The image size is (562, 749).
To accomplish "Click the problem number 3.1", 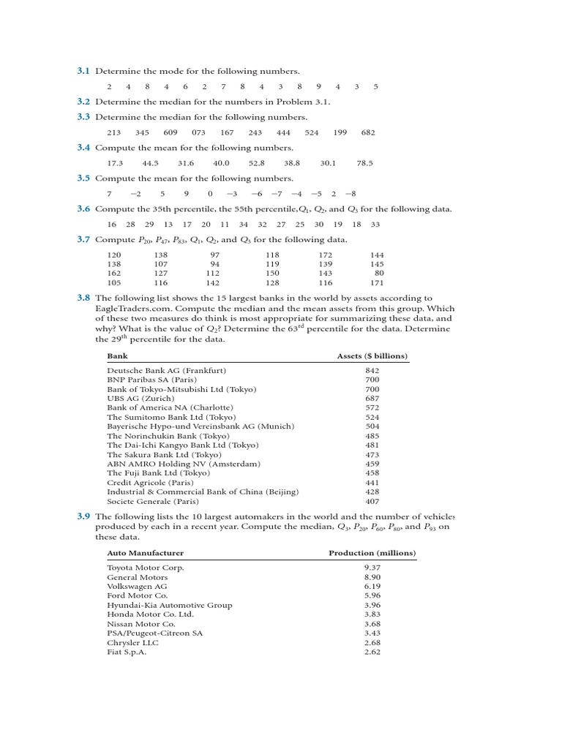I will click(x=83, y=71).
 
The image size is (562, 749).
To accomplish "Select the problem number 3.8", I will click(x=83, y=298).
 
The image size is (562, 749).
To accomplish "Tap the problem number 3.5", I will click(x=83, y=178).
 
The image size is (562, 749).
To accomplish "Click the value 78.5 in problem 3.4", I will click(x=364, y=163).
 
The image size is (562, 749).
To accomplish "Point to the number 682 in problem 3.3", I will click(x=368, y=132).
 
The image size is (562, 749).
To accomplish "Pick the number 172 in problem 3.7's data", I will click(x=325, y=255).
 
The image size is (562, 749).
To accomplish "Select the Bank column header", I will click(x=117, y=355).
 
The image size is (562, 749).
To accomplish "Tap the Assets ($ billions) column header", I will click(x=372, y=355).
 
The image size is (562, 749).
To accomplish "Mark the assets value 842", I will click(x=372, y=371).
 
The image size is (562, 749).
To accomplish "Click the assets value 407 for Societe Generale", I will click(x=372, y=502).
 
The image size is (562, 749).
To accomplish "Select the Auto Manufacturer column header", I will click(x=146, y=553).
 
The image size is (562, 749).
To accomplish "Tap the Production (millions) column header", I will click(x=372, y=553).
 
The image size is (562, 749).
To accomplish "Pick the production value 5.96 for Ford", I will click(x=372, y=595).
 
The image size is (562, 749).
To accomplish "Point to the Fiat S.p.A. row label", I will click(x=127, y=652).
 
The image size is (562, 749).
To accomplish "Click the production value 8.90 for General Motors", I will click(x=372, y=577).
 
